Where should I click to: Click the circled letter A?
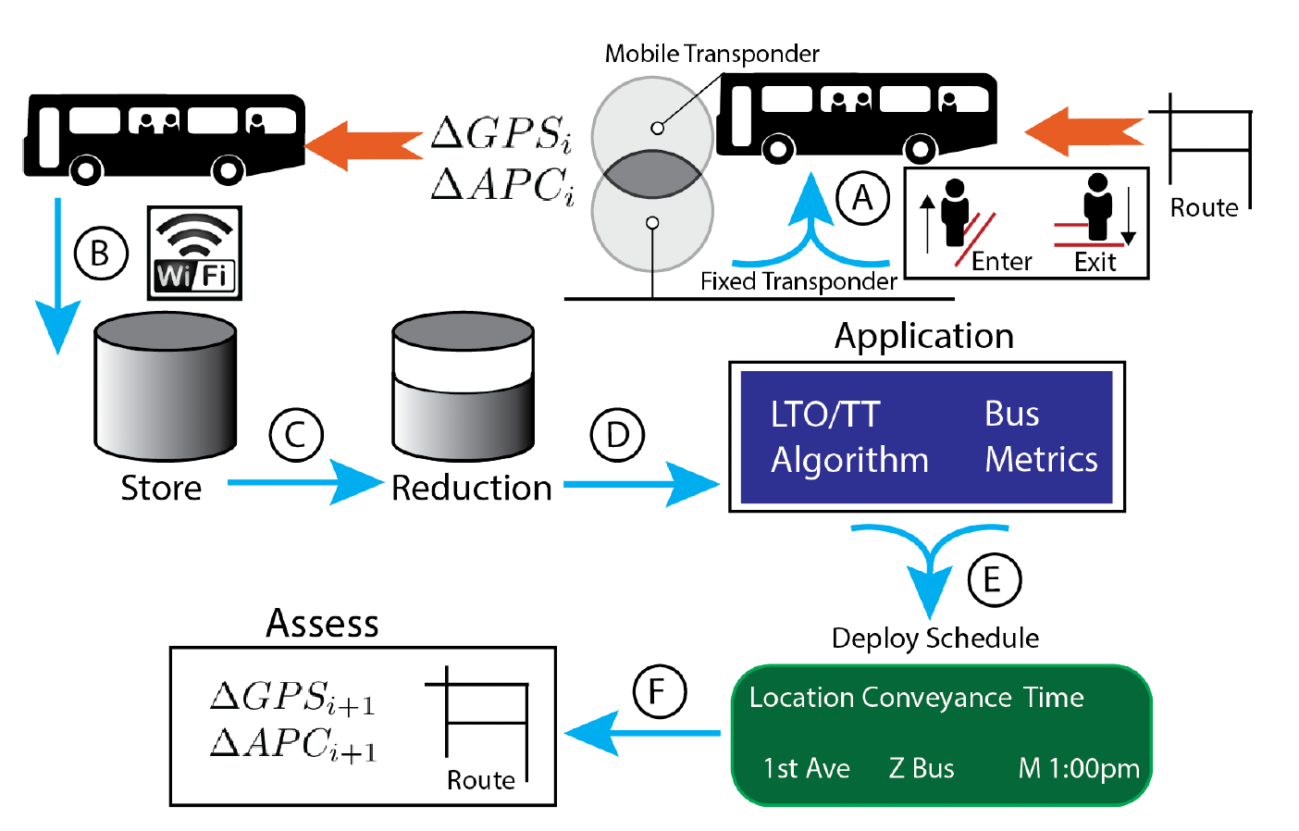coord(862,198)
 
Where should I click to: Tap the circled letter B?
coord(100,253)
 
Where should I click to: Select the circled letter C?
coord(296,435)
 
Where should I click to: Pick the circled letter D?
coord(617,435)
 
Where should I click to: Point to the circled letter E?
coord(994,580)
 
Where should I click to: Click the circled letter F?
coord(659,691)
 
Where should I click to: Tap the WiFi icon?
coord(194,253)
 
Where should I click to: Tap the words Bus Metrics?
coord(1040,437)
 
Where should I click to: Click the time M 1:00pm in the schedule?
coord(1078,768)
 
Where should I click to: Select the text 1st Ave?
coord(806,768)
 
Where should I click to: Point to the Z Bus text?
coord(922,768)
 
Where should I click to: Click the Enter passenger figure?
coord(955,213)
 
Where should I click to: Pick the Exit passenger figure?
coord(1097,209)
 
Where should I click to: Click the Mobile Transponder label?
coord(711,54)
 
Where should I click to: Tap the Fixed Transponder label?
coord(798,281)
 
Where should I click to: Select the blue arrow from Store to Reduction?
coord(305,482)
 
